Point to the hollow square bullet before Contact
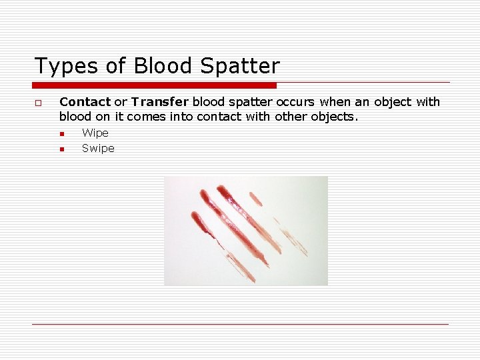(x=39, y=103)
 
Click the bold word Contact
(x=85, y=102)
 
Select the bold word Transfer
(x=160, y=102)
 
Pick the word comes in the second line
(x=145, y=117)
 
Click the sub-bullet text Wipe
(x=95, y=133)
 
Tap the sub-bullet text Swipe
(x=98, y=149)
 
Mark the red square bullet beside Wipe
(x=61, y=134)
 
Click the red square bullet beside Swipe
(x=61, y=149)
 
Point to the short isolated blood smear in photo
(x=255, y=198)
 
